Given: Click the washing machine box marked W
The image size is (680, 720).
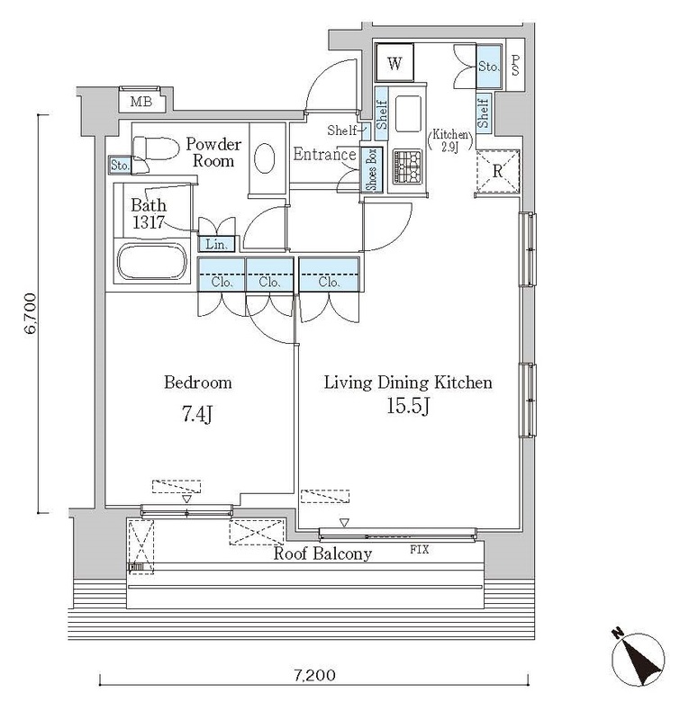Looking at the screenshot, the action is point(394,63).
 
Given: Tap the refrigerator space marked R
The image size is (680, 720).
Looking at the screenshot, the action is point(498,171).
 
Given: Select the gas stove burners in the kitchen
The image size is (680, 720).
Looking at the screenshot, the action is point(407,166).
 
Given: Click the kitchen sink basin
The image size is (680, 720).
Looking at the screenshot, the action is point(408,113).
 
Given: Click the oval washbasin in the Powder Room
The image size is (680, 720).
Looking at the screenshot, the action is point(264,158).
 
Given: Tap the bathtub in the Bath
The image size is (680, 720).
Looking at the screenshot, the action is point(152,261).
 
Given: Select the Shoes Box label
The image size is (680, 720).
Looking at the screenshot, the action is point(371,169).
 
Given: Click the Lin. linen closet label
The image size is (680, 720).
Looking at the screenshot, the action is point(216,244).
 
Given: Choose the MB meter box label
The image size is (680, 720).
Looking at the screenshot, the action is point(141,102).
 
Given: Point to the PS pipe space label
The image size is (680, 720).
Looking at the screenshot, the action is point(515,65).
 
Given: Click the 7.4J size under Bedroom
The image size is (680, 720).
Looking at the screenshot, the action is point(196,414).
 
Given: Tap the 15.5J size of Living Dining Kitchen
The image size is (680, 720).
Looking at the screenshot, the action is point(408,406).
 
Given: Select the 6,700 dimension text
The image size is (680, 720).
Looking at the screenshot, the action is point(31,313).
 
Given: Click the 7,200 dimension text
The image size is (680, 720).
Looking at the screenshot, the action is point(314,675).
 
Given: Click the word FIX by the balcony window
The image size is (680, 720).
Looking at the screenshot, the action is point(420,549).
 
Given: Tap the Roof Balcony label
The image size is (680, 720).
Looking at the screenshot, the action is point(322,553).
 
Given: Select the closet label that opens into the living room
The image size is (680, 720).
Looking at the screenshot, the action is point(329,282).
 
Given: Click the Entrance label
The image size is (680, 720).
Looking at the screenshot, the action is point(324,154).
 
